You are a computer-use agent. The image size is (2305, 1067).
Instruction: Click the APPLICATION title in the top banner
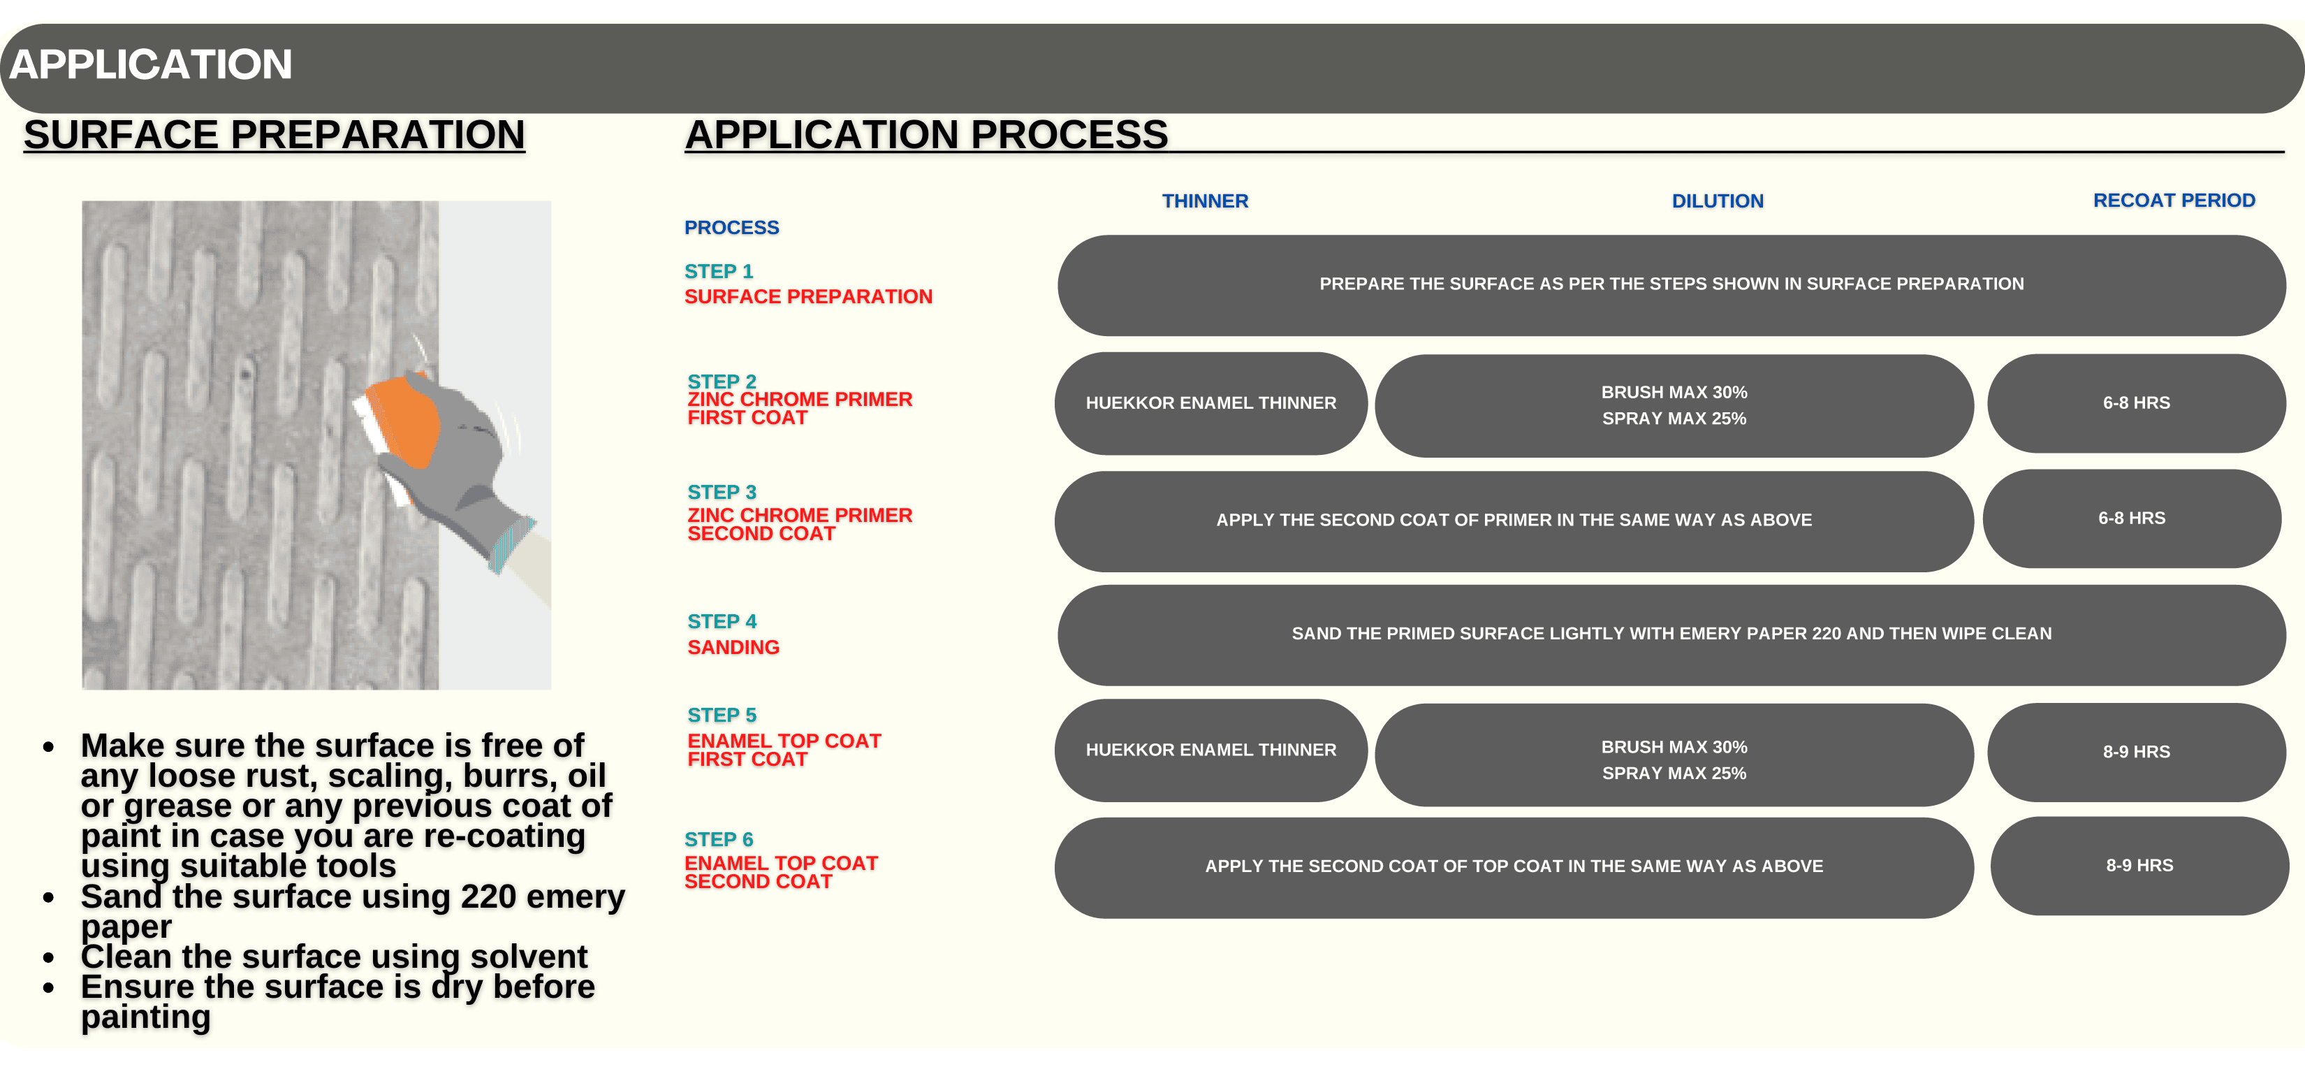click(150, 64)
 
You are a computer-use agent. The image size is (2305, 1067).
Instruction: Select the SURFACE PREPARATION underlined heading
click(274, 134)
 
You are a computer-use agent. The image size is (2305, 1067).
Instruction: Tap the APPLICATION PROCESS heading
click(926, 134)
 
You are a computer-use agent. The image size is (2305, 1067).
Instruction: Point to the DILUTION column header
click(1717, 201)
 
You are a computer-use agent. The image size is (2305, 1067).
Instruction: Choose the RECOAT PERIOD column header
click(2174, 200)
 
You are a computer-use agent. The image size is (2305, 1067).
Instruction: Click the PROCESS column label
click(731, 227)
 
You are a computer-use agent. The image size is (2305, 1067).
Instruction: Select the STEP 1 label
click(719, 271)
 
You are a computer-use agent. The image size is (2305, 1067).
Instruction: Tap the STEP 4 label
click(722, 621)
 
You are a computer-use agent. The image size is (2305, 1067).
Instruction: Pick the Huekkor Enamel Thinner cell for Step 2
click(1210, 402)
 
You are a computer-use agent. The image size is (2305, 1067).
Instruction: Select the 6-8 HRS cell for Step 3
click(2131, 518)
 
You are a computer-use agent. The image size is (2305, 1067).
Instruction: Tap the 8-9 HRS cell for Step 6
click(2139, 866)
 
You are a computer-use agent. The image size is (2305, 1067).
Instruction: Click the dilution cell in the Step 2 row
click(1674, 405)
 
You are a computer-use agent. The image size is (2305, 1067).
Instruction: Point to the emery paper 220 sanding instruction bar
click(1671, 634)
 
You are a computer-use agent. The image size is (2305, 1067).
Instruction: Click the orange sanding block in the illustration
click(402, 421)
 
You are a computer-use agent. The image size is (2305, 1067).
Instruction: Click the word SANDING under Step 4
click(733, 647)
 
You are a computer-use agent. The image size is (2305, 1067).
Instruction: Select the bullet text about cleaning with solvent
click(334, 957)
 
